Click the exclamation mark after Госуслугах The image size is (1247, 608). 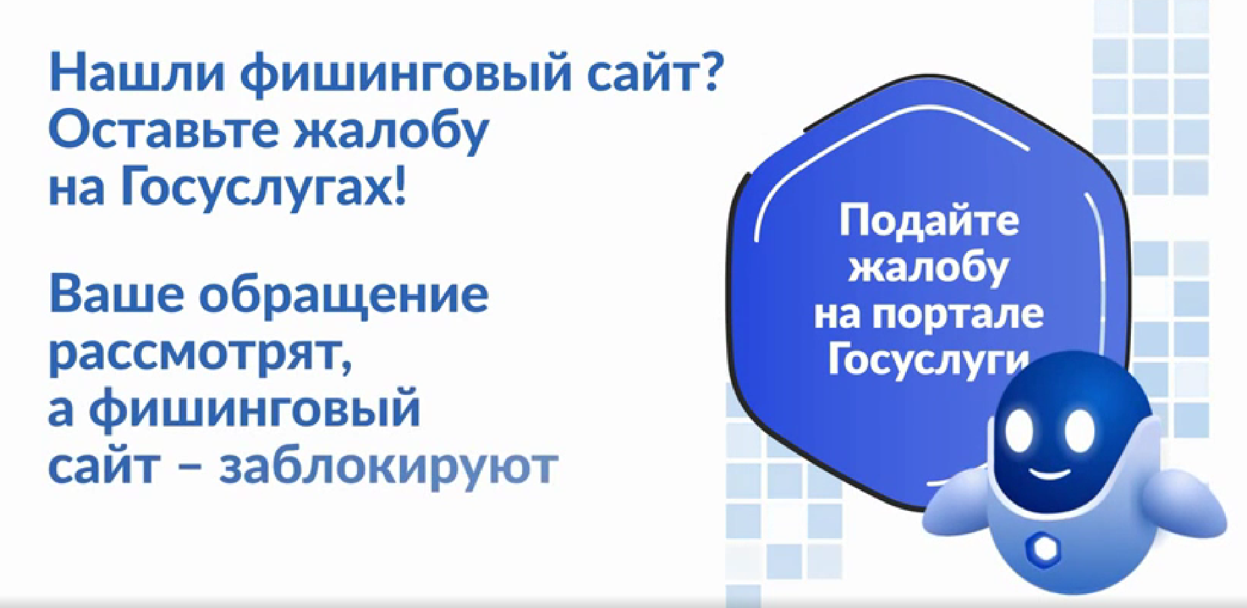tap(398, 185)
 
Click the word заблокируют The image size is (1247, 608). tap(388, 466)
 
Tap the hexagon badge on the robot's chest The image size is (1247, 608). tap(1041, 548)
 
